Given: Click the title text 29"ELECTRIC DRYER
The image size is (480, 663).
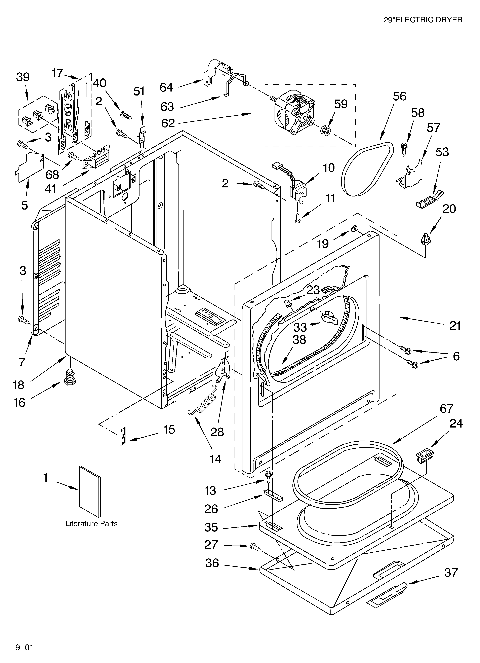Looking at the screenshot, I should (x=423, y=20).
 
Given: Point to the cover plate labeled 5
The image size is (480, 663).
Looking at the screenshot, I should (x=29, y=167).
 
